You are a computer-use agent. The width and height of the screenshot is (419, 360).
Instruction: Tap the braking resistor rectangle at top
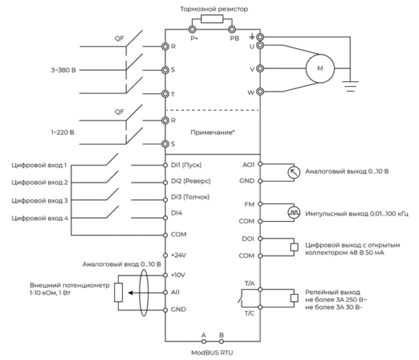point(212,19)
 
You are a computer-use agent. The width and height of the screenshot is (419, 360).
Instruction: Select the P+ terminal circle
point(192,29)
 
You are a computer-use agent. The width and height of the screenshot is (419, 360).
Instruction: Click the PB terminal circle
point(232,29)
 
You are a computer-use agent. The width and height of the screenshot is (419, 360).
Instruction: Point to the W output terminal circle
point(260,92)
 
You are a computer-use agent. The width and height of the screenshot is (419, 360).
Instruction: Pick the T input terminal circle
point(165,94)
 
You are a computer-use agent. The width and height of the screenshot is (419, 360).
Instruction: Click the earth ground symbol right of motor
point(350,86)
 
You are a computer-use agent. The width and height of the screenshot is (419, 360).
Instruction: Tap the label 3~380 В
point(64,70)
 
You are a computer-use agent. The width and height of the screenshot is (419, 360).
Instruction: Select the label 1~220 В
point(62,133)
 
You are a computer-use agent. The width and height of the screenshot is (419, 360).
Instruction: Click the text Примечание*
point(213,133)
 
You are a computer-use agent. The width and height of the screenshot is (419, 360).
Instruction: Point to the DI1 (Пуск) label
point(186,165)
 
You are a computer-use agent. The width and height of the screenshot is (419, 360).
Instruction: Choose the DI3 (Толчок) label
point(190,197)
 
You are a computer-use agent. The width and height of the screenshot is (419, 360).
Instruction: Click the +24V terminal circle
point(165,255)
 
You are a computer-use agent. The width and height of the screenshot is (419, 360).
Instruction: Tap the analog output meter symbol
point(293,173)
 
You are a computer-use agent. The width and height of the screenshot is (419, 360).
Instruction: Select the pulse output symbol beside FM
point(293,213)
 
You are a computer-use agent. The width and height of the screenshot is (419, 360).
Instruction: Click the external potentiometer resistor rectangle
point(119,293)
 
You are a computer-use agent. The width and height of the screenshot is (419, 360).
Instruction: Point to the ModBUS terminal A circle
point(204,341)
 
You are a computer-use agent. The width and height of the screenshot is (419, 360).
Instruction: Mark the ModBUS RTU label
point(212,353)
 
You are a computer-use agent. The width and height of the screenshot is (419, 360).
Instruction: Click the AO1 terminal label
point(248,165)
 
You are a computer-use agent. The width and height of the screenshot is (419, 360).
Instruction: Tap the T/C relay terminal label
point(250,313)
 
